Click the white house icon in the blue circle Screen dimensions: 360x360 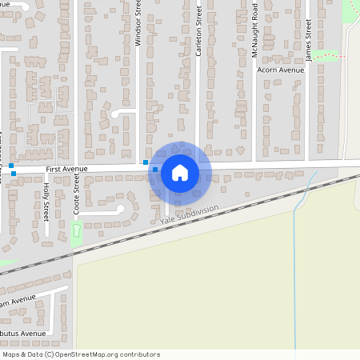180,172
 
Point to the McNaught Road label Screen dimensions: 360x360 254,32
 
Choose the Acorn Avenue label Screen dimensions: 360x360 281,70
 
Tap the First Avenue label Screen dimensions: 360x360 66,170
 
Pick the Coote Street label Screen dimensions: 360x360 77,195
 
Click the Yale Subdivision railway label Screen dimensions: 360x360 189,214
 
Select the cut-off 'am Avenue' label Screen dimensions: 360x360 18,302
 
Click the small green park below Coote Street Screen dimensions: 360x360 77,234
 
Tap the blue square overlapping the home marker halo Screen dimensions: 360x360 155,170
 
